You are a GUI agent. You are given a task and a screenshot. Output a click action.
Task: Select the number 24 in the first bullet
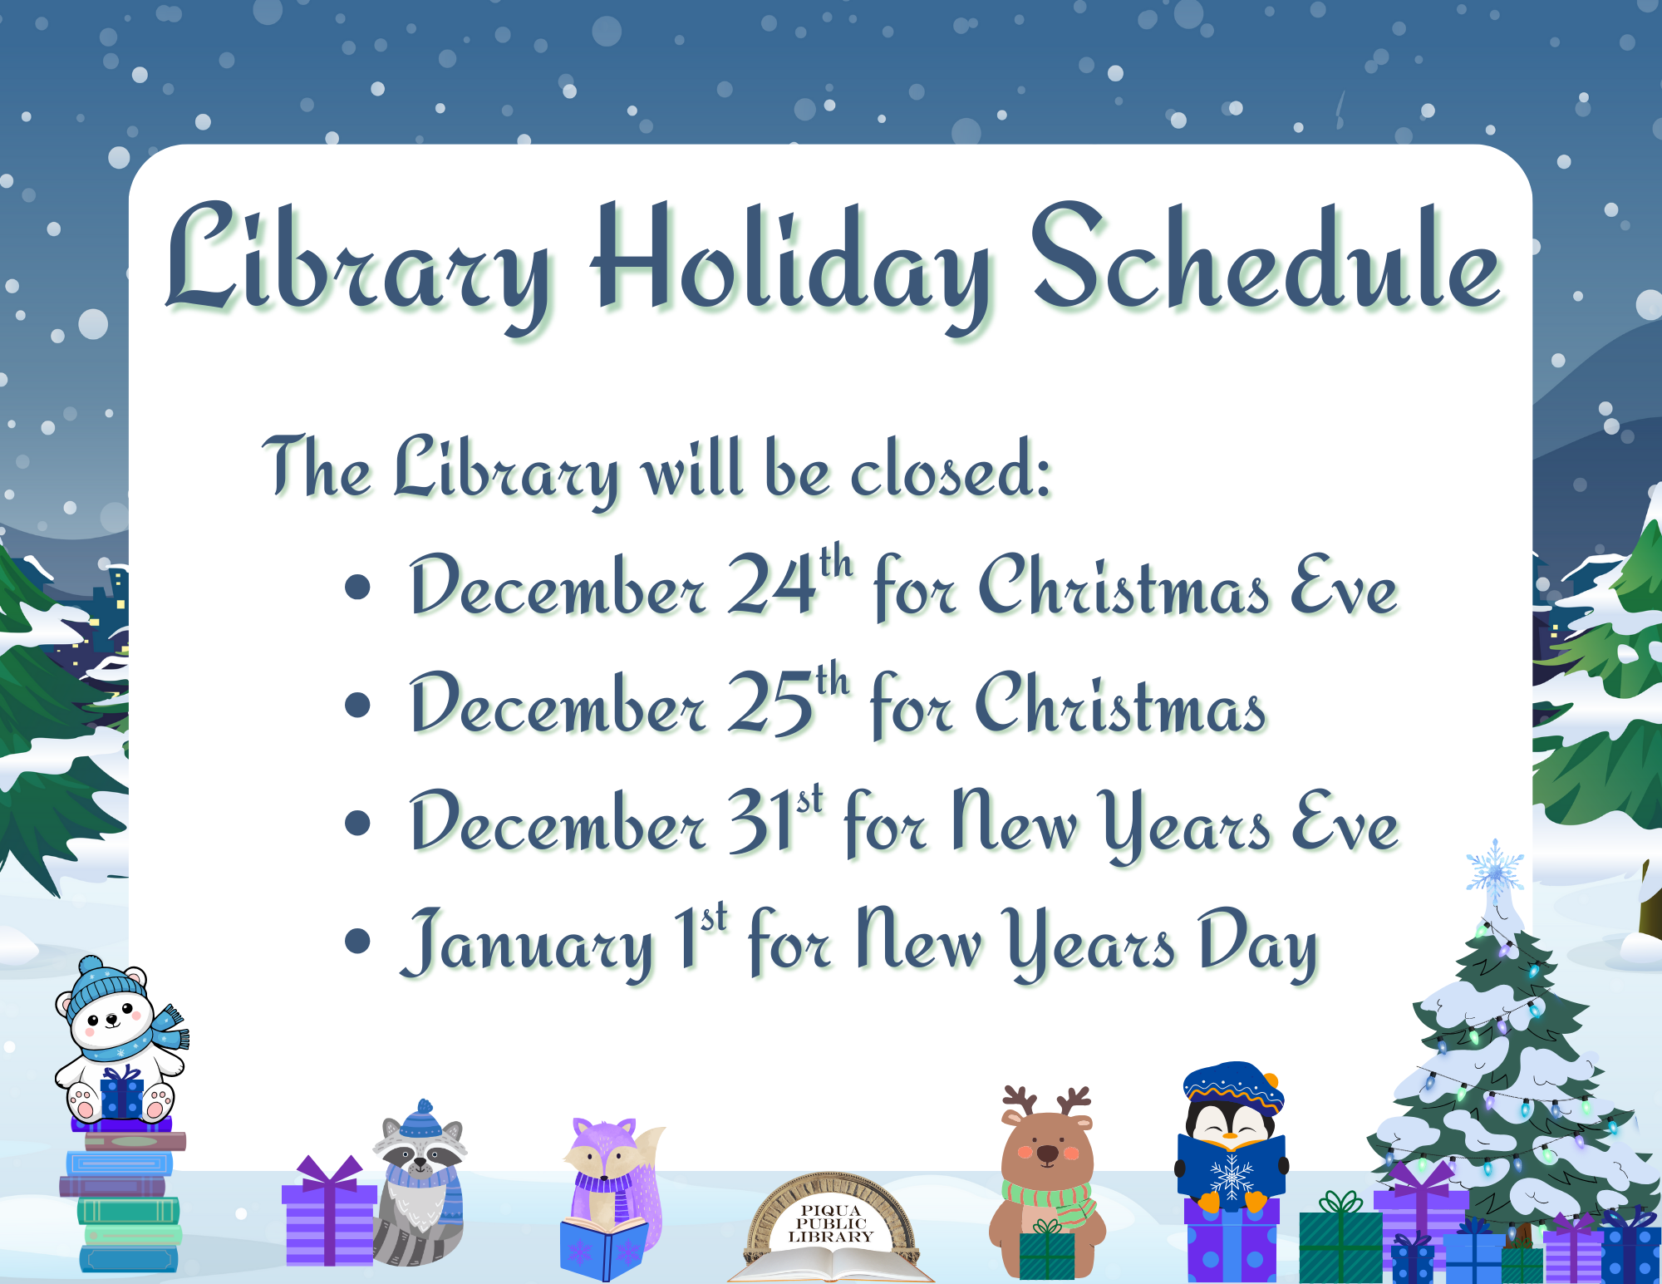point(771,586)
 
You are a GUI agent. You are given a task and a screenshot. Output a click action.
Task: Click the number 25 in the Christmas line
point(770,705)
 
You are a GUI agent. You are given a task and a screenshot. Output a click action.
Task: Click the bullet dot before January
point(357,941)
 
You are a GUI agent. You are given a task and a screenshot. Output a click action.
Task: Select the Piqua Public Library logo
point(830,1226)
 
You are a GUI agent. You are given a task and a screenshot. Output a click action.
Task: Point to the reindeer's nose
point(1047,1153)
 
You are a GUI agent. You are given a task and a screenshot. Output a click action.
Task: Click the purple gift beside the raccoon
point(329,1218)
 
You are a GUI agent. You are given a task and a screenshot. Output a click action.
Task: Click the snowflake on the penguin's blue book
point(1231,1176)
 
